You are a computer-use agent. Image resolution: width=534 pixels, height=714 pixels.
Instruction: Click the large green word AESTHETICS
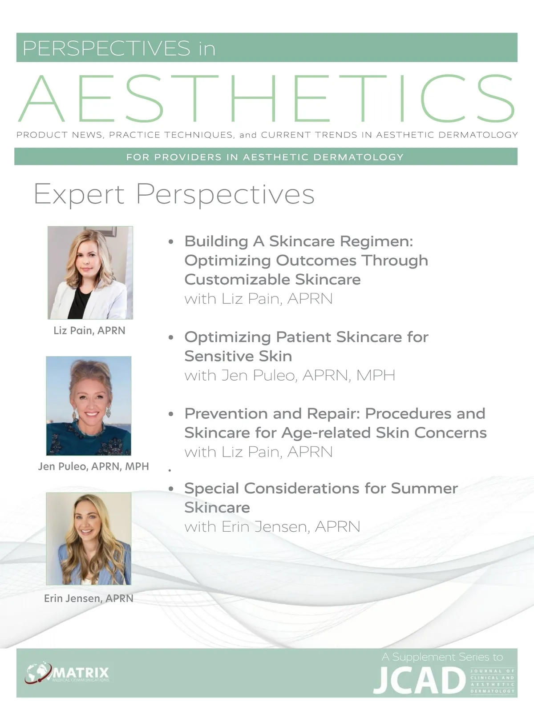pyautogui.click(x=267, y=98)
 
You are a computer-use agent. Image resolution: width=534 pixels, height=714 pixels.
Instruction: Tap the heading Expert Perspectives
pyautogui.click(x=174, y=194)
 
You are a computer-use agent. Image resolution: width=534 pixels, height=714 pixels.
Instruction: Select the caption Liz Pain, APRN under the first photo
pyautogui.click(x=89, y=330)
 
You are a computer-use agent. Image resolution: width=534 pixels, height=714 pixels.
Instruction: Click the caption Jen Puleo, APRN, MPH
pyautogui.click(x=93, y=466)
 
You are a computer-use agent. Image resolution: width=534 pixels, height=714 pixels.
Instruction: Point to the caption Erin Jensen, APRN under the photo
pyautogui.click(x=89, y=598)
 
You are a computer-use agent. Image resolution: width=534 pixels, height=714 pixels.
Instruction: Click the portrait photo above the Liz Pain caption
pyautogui.click(x=90, y=273)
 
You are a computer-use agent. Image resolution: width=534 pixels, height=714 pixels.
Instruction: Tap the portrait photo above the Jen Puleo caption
pyautogui.click(x=89, y=405)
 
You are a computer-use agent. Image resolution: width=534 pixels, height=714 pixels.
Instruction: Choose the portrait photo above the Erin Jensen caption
pyautogui.click(x=89, y=538)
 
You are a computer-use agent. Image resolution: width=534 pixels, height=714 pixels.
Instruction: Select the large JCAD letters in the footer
pyautogui.click(x=420, y=680)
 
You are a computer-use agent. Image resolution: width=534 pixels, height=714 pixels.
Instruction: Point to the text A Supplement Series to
pyautogui.click(x=442, y=657)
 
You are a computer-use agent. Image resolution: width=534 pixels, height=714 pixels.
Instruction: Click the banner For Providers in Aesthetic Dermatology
pyautogui.click(x=266, y=156)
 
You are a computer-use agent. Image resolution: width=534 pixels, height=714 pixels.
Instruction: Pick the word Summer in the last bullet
pyautogui.click(x=424, y=488)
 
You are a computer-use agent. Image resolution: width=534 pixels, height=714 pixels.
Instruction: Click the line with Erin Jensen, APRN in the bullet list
pyautogui.click(x=272, y=527)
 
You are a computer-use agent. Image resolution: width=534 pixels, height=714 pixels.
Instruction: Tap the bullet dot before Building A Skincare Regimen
pyautogui.click(x=171, y=242)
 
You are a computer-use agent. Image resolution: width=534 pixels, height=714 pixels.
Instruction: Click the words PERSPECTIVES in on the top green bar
pyautogui.click(x=119, y=48)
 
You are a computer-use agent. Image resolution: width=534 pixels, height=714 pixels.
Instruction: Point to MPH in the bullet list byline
pyautogui.click(x=376, y=375)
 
